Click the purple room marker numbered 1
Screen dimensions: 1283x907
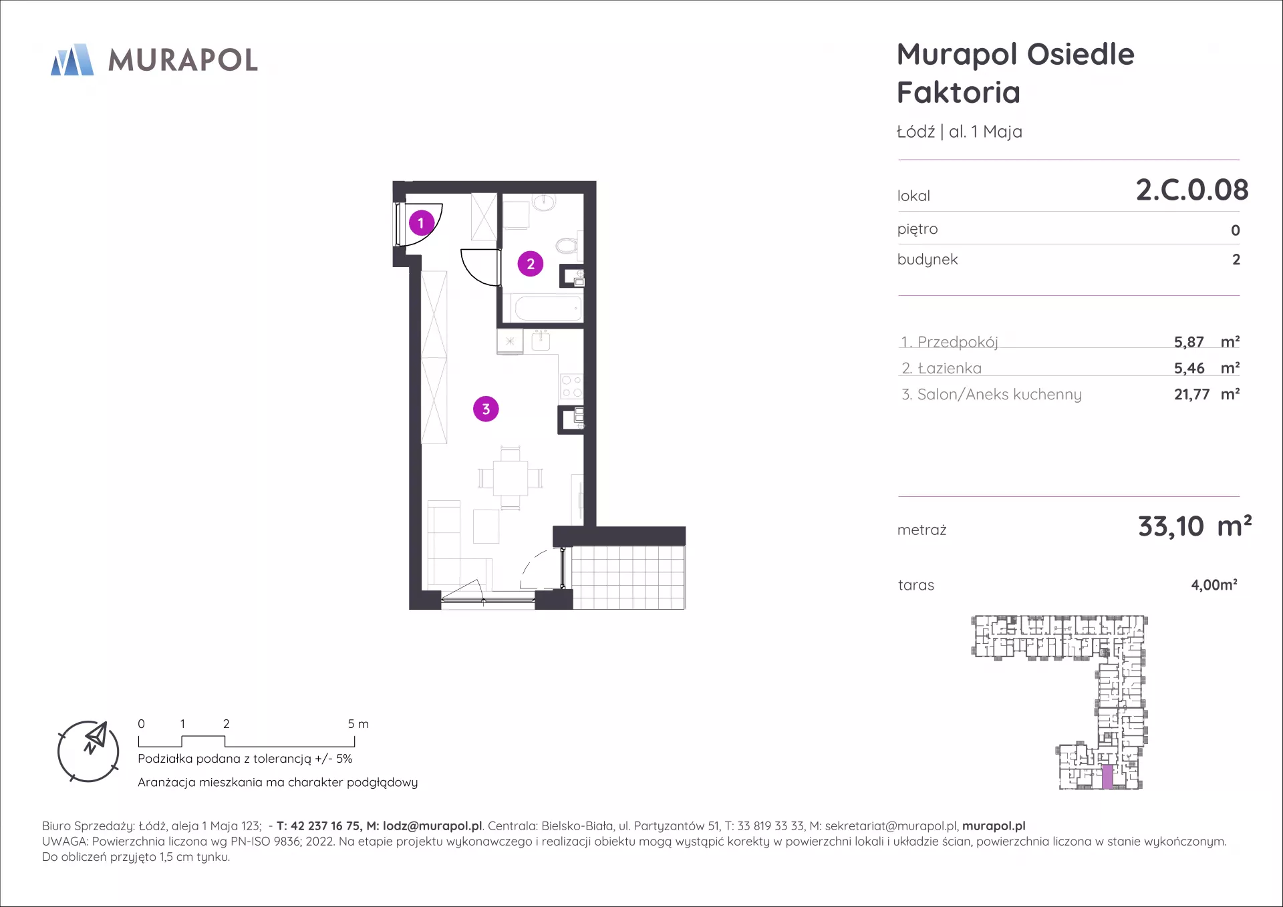pos(421,223)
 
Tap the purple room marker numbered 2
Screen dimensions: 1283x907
pos(531,264)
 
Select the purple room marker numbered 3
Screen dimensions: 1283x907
pos(486,409)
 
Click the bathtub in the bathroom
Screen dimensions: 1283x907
pos(547,309)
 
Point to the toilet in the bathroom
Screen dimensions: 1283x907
pos(568,246)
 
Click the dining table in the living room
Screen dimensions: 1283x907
pos(511,478)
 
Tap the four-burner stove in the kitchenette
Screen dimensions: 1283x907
pos(571,386)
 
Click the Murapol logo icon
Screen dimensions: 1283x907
pos(72,59)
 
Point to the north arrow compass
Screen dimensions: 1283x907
pos(88,751)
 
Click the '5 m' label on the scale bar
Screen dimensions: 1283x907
pos(358,724)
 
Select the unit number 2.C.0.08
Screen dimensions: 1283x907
pos(1192,190)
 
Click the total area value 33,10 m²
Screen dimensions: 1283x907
pos(1195,526)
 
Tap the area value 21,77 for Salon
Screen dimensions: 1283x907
pos(1191,395)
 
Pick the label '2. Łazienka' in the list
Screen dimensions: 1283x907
pos(942,368)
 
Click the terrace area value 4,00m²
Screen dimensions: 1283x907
pos(1214,585)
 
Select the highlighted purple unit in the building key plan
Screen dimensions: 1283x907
pos(1107,777)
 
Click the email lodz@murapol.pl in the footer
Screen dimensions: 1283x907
pos(432,826)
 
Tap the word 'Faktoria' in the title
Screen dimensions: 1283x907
pos(958,92)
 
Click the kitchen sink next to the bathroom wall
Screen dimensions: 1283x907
pos(541,341)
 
